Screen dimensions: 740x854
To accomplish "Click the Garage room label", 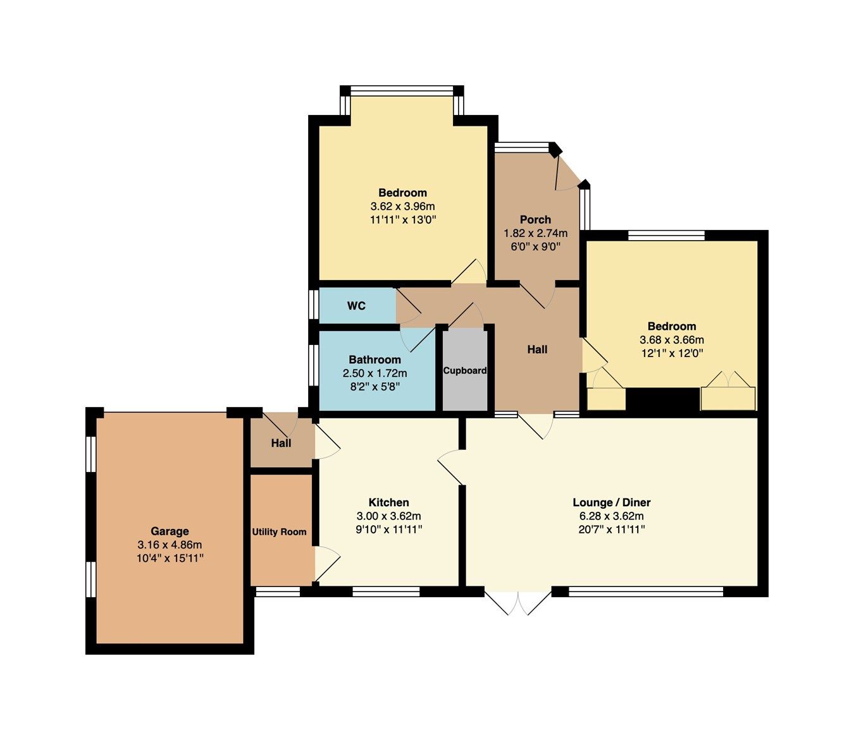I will pyautogui.click(x=170, y=531).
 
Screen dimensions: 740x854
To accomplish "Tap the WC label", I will pyautogui.click(x=356, y=306).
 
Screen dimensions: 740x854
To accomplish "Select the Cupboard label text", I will pyautogui.click(x=464, y=370).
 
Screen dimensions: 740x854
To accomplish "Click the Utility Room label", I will pyautogui.click(x=279, y=532).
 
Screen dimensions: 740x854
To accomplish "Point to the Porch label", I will pyautogui.click(x=535, y=219).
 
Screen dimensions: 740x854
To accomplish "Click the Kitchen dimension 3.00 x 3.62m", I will pyautogui.click(x=388, y=516).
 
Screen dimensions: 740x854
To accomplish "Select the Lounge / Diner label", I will pyautogui.click(x=611, y=502).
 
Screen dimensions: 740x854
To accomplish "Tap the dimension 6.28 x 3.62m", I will pyautogui.click(x=611, y=516).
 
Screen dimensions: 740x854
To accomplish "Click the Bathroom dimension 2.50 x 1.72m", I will pyautogui.click(x=375, y=373).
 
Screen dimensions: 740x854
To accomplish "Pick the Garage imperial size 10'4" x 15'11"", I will pyautogui.click(x=170, y=558).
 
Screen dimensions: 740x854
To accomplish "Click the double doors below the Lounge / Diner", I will pyautogui.click(x=517, y=602).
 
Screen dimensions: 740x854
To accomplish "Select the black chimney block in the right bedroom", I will pyautogui.click(x=662, y=400).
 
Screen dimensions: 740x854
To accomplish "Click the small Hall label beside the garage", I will pyautogui.click(x=281, y=443).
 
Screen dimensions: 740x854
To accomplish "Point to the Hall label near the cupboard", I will pyautogui.click(x=537, y=349).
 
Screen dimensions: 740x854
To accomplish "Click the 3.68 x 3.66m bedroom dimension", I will pyautogui.click(x=671, y=340).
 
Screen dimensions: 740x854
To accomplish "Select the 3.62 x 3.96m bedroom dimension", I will pyautogui.click(x=402, y=206).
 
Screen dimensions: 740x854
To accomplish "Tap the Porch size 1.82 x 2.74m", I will pyautogui.click(x=535, y=233).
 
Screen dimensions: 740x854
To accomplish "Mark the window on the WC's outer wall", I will pyautogui.click(x=314, y=305).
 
